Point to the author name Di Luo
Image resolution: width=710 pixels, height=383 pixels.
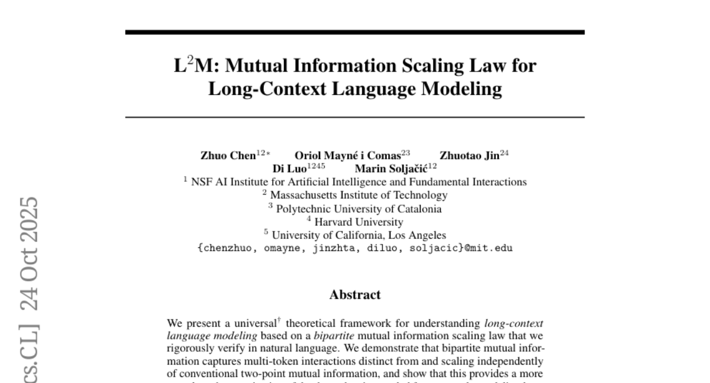click(x=286, y=168)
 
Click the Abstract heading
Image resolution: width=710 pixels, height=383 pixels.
click(x=355, y=294)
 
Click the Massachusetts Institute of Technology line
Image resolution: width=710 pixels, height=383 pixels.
click(x=359, y=194)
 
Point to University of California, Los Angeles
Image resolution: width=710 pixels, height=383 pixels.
click(x=359, y=236)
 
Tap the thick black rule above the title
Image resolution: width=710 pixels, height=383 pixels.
click(x=355, y=33)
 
